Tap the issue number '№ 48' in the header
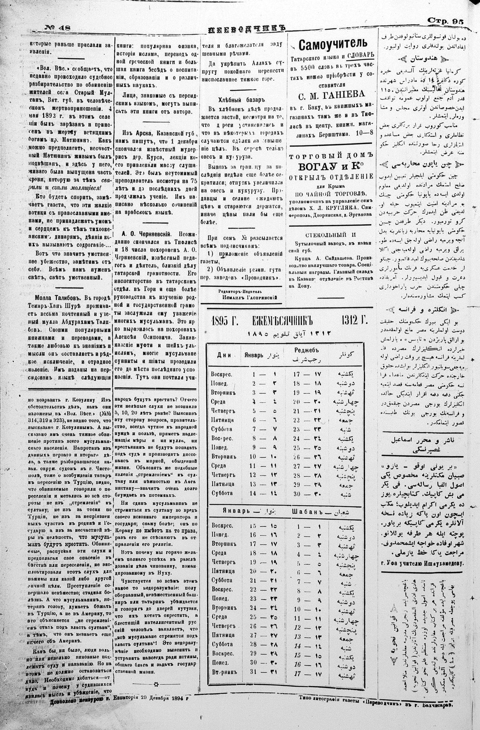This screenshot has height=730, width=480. (x=58, y=28)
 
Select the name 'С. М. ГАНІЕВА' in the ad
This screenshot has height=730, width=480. (x=332, y=95)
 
